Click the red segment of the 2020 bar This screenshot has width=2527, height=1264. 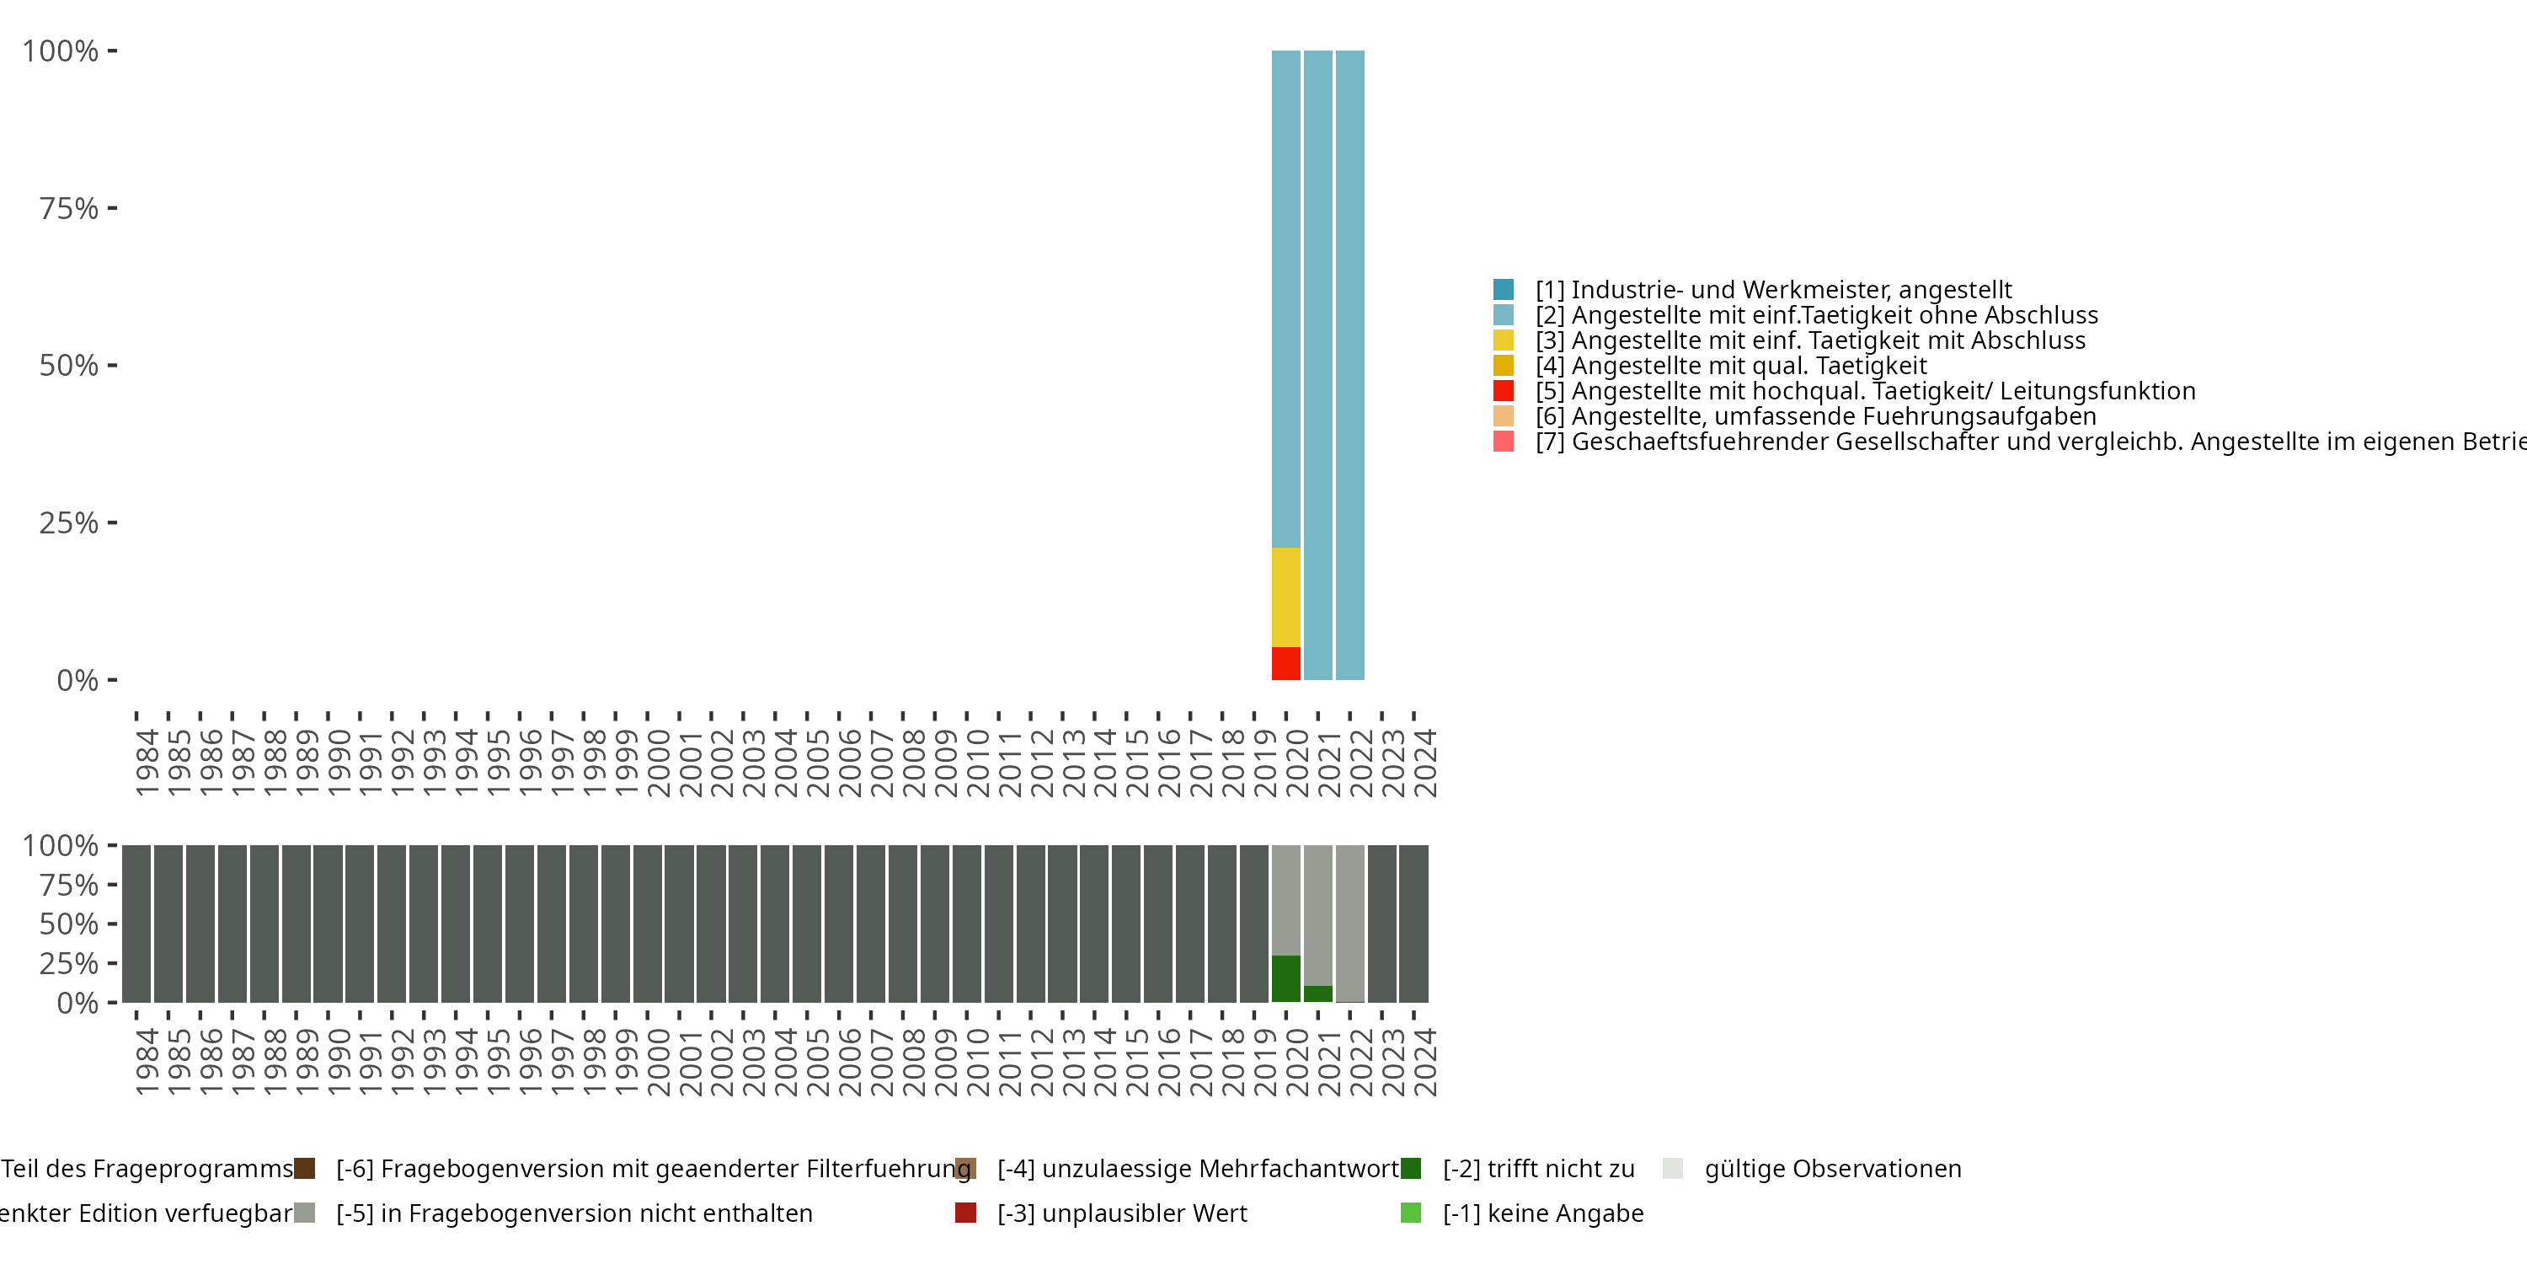(1285, 663)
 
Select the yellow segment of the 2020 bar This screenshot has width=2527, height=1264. (1285, 597)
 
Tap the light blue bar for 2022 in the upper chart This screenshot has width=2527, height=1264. (1349, 364)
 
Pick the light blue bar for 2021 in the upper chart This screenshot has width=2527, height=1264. (1317, 364)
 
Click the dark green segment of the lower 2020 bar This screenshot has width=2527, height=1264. (1285, 978)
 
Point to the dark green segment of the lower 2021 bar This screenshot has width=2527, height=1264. (1317, 994)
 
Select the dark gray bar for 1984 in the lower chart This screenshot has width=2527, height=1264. (136, 924)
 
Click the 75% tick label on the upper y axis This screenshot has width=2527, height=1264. (69, 208)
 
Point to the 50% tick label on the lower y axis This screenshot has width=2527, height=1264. (69, 924)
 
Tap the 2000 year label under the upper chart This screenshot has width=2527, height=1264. (658, 763)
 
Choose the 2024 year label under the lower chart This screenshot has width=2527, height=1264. (1424, 1062)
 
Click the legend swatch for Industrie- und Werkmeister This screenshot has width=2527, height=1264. (1503, 290)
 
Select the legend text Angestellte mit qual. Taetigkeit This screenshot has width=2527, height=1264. (1748, 366)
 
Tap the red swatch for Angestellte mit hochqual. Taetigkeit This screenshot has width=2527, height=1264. (1503, 391)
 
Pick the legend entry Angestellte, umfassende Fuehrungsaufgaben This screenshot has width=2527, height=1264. (1815, 416)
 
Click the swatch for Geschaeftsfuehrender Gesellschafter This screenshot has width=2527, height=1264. (1503, 442)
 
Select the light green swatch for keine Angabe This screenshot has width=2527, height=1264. (1411, 1213)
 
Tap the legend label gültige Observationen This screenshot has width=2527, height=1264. (1832, 1169)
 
